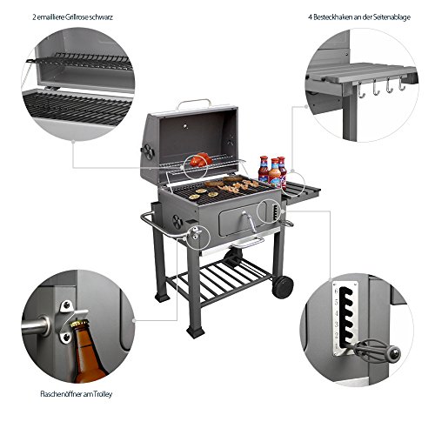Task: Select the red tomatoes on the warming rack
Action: coord(199,160)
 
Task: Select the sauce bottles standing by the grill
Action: coord(271,171)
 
